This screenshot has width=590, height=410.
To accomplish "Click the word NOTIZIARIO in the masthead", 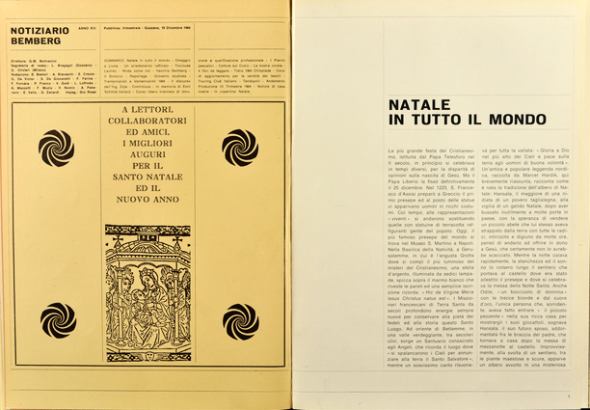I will (x=39, y=30).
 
